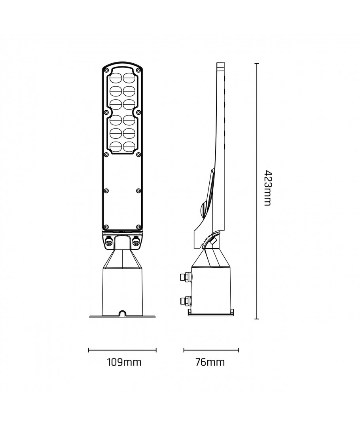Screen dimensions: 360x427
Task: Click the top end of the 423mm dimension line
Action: [x=257, y=63]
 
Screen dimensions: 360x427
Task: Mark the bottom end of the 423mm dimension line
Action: [x=257, y=319]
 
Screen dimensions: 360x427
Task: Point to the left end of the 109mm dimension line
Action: [x=89, y=350]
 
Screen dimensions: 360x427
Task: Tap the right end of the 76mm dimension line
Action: [x=239, y=350]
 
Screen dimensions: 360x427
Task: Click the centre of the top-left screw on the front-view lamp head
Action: [x=106, y=70]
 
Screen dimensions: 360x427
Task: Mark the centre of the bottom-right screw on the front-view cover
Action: [x=138, y=227]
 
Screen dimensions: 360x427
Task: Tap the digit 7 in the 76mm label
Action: [x=198, y=362]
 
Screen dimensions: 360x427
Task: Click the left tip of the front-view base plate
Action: [x=90, y=317]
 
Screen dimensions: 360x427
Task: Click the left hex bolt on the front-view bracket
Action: [x=109, y=241]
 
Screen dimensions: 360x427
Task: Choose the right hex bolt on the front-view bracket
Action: [x=135, y=241]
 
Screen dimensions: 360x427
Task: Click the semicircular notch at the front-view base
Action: [x=123, y=314]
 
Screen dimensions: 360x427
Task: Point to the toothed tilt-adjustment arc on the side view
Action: [x=210, y=238]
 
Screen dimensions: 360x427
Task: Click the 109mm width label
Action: [x=124, y=362]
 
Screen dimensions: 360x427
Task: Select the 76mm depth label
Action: [x=210, y=362]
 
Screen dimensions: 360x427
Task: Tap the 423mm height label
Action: [x=268, y=188]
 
